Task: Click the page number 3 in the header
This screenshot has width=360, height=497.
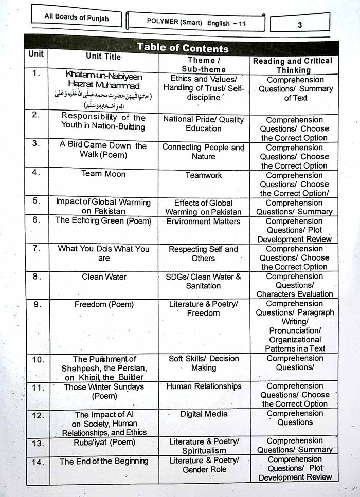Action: pos(299,24)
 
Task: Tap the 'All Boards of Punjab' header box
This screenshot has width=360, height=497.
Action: pos(76,17)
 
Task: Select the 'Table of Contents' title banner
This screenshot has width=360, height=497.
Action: pos(183,48)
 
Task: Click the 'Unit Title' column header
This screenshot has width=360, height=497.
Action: pos(103,57)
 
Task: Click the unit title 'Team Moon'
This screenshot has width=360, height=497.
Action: pos(103,174)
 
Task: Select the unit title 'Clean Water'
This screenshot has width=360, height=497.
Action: pos(104,277)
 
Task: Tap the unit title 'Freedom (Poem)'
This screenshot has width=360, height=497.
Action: pos(104,304)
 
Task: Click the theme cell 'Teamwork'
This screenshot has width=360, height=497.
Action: pos(204,175)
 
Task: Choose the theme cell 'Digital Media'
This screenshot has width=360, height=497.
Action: pos(204,414)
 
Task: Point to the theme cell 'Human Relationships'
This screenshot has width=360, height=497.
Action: pos(204,386)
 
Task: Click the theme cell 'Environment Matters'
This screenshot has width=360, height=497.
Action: pos(204,222)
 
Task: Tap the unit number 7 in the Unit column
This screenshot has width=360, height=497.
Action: pos(36,249)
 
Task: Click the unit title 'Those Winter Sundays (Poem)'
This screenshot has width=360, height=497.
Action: pos(104,391)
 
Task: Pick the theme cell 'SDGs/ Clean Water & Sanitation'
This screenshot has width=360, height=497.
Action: pos(204,281)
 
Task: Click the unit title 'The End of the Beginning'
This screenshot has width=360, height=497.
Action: pos(104,461)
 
